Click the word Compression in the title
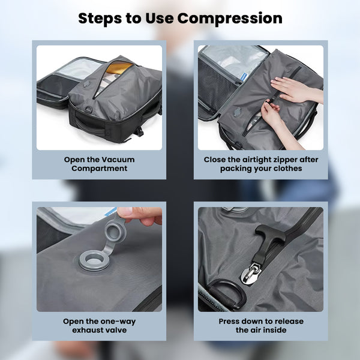tap(230, 19)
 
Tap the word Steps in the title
tap(100, 19)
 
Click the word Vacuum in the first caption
tap(118, 160)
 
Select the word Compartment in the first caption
tap(99, 168)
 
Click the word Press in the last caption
tap(229, 321)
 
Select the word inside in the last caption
tap(275, 330)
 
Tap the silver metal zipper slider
tap(251, 274)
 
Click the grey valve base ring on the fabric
tap(94, 260)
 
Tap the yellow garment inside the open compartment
tap(119, 67)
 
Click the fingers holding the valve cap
tap(140, 216)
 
